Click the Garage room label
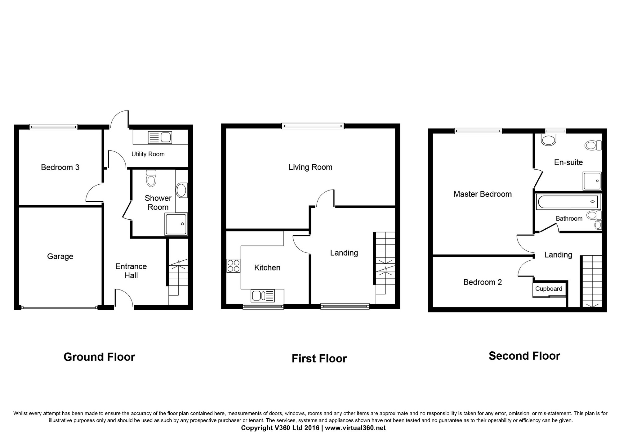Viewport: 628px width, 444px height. click(60, 257)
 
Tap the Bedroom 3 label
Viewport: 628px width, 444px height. click(60, 168)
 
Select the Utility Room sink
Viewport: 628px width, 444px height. click(160, 137)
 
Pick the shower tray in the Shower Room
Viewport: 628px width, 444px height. click(176, 224)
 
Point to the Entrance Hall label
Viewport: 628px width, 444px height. click(131, 271)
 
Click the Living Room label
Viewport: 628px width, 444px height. click(310, 167)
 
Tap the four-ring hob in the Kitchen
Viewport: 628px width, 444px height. click(234, 266)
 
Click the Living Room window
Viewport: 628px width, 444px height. click(313, 126)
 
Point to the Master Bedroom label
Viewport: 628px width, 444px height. click(483, 194)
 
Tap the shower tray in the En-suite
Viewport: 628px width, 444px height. click(592, 181)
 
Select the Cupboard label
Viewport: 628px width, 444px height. click(549, 289)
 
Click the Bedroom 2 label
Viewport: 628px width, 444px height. click(483, 282)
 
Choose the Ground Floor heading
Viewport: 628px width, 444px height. click(99, 357)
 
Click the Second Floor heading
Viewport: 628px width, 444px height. click(524, 356)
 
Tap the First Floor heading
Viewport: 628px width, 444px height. click(319, 359)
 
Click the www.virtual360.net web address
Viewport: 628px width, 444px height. click(355, 428)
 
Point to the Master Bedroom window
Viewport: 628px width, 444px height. click(478, 131)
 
